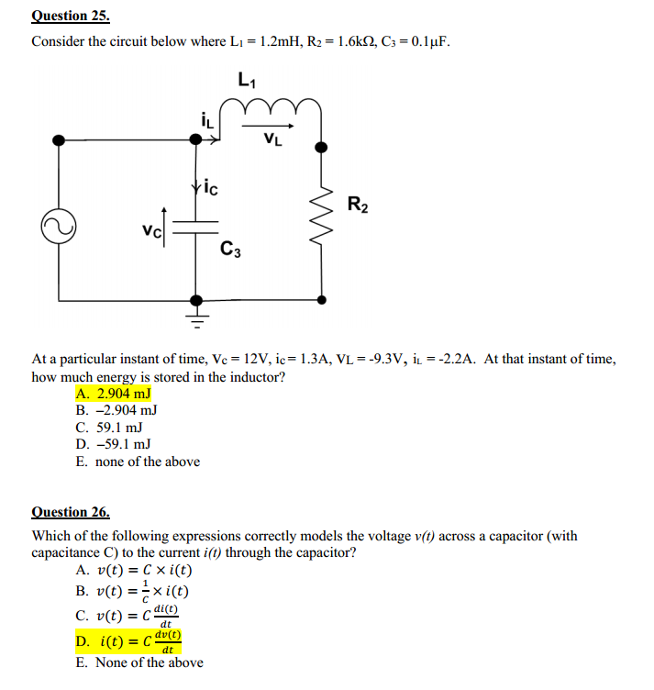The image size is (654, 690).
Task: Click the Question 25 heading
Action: [x=71, y=16]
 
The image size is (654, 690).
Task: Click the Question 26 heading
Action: [x=71, y=512]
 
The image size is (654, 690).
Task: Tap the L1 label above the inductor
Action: [x=247, y=80]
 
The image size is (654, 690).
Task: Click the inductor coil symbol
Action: [x=272, y=111]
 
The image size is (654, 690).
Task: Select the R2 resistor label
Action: [x=359, y=205]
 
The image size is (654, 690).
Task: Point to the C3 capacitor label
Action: [x=230, y=248]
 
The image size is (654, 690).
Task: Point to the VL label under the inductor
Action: [x=272, y=139]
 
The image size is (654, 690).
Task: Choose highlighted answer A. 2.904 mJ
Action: [x=113, y=394]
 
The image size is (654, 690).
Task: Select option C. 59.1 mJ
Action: [x=109, y=428]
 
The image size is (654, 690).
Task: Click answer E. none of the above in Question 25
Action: [x=138, y=462]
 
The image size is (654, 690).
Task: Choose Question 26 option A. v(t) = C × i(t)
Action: [x=134, y=570]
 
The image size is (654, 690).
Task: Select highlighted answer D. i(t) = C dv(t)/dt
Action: [x=128, y=640]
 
